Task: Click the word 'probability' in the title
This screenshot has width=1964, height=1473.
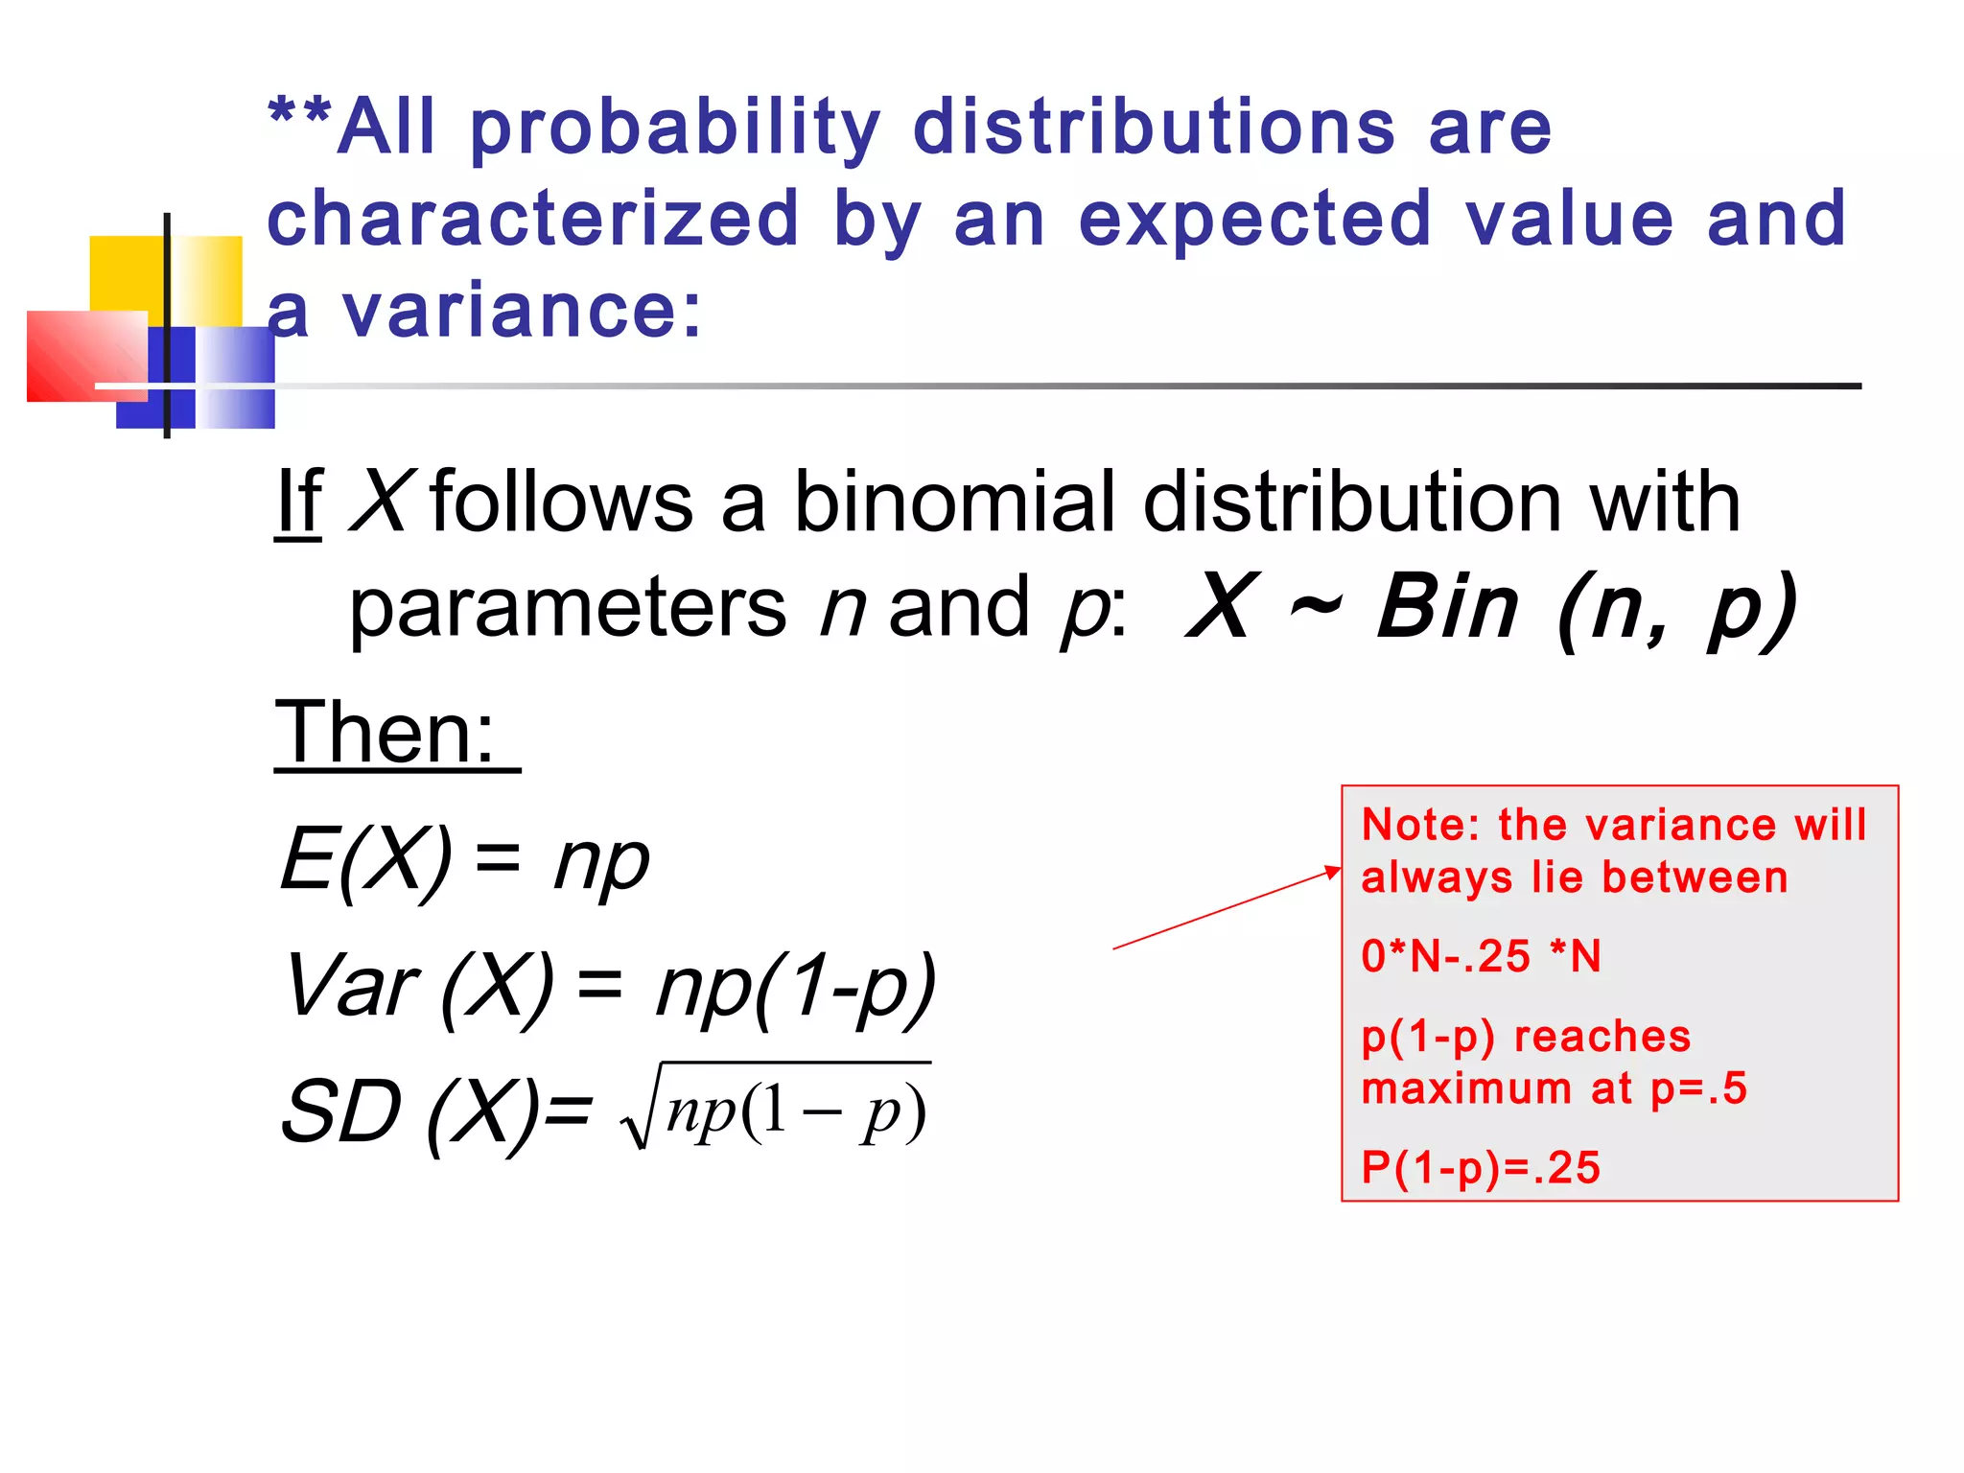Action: (674, 129)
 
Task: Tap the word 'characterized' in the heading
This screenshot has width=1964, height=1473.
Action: (533, 220)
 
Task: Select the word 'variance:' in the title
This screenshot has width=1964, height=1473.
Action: (523, 312)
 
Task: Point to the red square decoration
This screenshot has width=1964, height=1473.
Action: (86, 355)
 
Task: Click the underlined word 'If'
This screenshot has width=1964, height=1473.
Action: (298, 503)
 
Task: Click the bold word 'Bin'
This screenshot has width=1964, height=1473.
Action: (1448, 608)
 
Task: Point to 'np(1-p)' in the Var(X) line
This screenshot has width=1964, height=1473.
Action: (796, 988)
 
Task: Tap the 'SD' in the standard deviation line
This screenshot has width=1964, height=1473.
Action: (341, 1112)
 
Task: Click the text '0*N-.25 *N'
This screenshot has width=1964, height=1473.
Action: (1481, 957)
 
